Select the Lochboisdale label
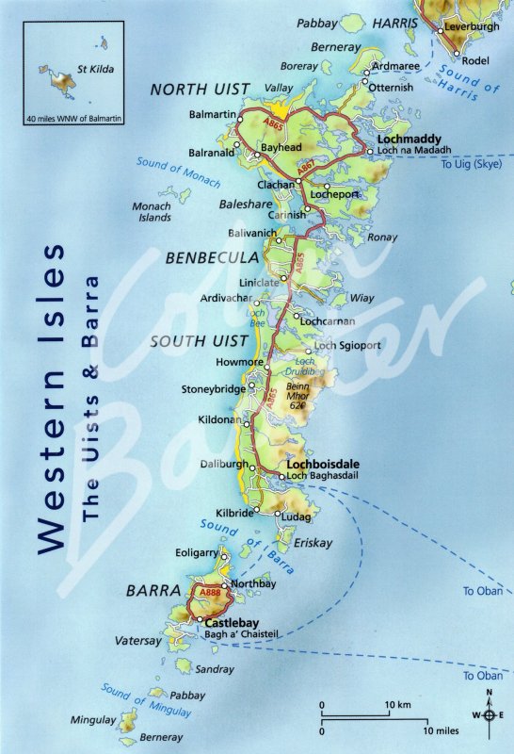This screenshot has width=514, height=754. pos(320,465)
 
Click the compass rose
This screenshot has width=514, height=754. pos(488,714)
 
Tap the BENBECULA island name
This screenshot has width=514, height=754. pos(213,256)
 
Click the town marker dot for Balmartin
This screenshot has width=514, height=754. pos(240,119)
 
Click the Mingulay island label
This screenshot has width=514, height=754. pos(94,720)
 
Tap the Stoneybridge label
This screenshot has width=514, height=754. pos(214,388)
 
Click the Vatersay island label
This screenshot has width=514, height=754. pos(134,640)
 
